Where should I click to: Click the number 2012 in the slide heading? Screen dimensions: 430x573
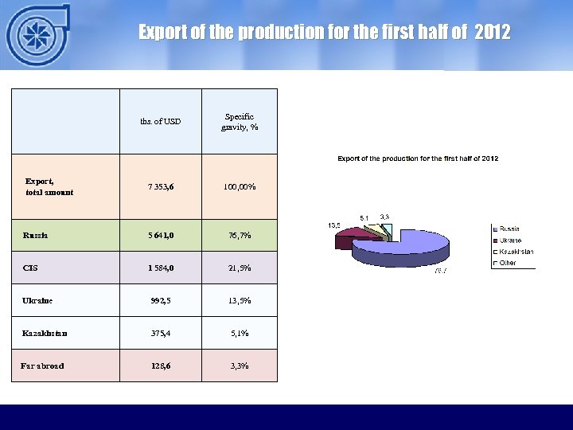click(x=493, y=33)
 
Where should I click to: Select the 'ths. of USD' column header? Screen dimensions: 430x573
click(x=160, y=122)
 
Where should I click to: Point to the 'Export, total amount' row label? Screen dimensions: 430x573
click(x=50, y=186)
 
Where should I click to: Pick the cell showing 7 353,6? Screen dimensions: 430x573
click(x=160, y=187)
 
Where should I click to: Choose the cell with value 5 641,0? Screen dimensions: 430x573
click(x=160, y=236)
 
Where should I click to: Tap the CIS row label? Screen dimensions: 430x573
click(x=31, y=268)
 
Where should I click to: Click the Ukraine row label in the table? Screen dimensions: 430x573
click(x=37, y=301)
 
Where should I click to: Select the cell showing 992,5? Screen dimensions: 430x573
click(x=160, y=301)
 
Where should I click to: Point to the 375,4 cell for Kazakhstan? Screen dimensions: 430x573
click(x=160, y=334)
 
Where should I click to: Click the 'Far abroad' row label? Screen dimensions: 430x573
click(x=42, y=365)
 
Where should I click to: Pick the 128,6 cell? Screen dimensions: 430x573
click(x=160, y=365)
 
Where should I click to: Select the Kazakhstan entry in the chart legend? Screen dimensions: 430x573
click(x=516, y=252)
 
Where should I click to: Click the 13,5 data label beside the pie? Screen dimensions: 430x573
click(x=335, y=226)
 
